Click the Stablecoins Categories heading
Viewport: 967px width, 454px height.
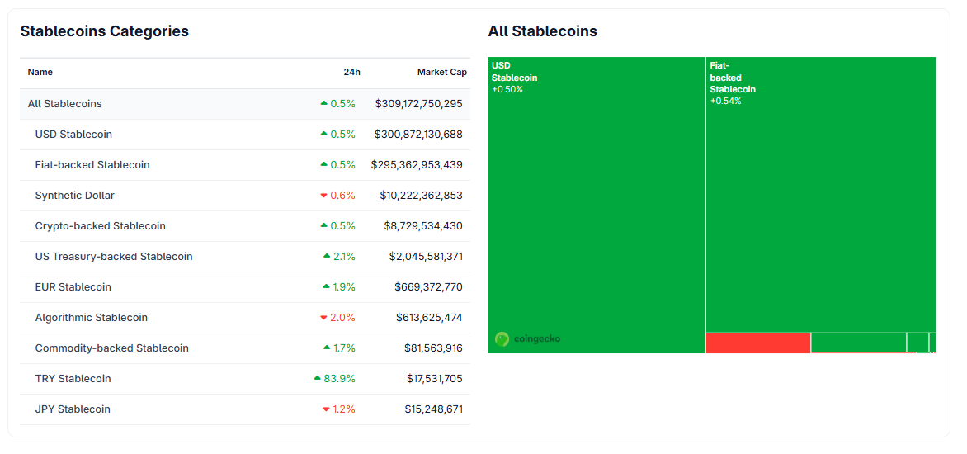104,31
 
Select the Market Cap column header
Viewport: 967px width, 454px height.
441,73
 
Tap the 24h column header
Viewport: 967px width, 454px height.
351,73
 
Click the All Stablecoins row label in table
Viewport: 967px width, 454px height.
64,104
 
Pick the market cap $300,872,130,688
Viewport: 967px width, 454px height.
417,135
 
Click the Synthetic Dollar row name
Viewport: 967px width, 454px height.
74,196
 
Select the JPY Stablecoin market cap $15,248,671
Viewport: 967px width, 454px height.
433,409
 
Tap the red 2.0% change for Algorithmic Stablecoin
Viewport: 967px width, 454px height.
342,318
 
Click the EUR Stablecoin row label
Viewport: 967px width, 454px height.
73,287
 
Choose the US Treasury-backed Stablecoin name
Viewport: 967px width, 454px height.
113,257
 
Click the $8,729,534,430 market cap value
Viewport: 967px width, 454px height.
422,226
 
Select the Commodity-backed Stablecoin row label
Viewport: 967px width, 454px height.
111,348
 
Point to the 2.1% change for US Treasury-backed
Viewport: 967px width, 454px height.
343,257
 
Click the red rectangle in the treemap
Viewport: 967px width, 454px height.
757,343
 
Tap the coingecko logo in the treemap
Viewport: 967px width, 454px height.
527,338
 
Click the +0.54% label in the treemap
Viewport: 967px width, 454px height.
725,101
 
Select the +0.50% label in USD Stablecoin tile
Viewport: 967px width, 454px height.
507,89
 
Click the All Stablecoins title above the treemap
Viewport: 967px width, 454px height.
542,31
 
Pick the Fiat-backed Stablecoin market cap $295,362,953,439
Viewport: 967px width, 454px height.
417,165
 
